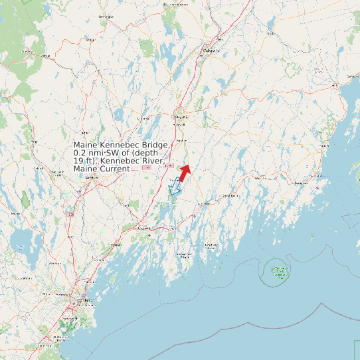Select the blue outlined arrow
click(x=175, y=189)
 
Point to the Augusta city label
click(x=181, y=117)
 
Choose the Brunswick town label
click(x=141, y=229)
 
